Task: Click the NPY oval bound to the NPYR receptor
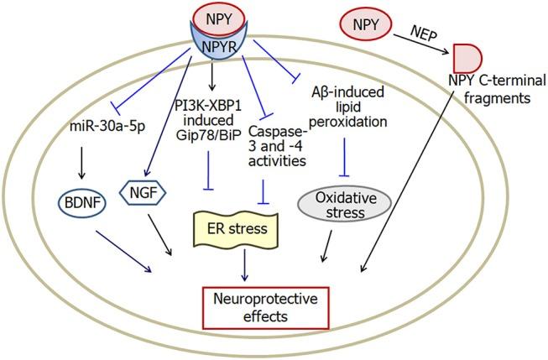[219, 18]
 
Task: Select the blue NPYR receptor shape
[219, 46]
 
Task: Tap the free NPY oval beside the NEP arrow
[366, 25]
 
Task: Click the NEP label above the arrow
[424, 34]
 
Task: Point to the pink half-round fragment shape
[467, 58]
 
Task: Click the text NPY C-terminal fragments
[497, 89]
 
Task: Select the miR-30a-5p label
[107, 127]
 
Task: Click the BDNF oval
[82, 203]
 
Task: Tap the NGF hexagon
[143, 192]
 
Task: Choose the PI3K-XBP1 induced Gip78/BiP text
[209, 120]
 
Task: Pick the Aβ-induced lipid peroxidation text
[348, 107]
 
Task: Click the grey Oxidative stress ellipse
[345, 204]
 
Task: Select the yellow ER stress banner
[237, 229]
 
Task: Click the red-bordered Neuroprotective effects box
[266, 308]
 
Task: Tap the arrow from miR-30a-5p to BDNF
[81, 163]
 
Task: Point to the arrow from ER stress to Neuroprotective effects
[245, 265]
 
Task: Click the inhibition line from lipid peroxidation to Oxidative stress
[345, 157]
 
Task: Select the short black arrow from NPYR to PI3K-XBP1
[211, 76]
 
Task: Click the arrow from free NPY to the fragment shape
[421, 44]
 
